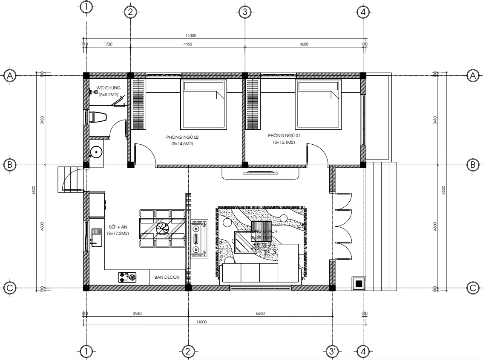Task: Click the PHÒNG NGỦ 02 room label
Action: (182, 137)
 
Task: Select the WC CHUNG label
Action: (108, 88)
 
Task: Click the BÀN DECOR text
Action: (167, 277)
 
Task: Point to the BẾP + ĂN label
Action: (118, 227)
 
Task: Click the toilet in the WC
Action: (97, 117)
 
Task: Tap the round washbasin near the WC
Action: (97, 151)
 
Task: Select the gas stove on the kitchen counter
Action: (127, 277)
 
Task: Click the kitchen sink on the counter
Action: (96, 237)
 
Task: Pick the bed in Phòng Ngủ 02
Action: (204, 103)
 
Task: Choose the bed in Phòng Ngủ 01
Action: (319, 103)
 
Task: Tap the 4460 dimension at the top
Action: (187, 44)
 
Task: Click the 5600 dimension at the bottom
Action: (260, 314)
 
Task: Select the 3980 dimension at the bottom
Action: (137, 314)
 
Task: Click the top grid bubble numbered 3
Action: (244, 12)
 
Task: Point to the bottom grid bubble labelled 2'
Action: (188, 351)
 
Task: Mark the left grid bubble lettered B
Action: (10, 165)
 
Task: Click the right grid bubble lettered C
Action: (472, 288)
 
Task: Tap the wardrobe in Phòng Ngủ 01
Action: (253, 104)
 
